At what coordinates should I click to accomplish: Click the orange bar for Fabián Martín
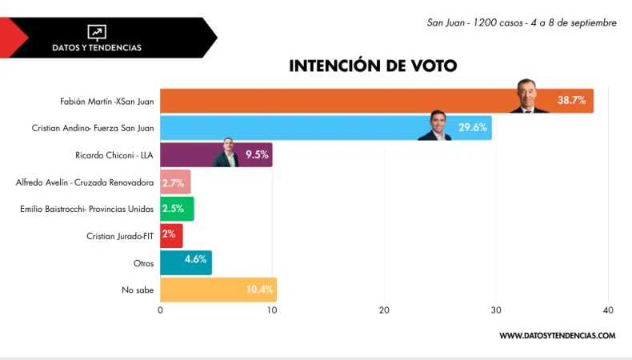point(336,101)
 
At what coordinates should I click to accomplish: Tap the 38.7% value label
point(571,101)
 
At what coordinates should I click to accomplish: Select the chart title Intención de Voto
point(373,66)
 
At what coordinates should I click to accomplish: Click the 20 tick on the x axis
point(384,310)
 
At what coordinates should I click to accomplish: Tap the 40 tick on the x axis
point(608,310)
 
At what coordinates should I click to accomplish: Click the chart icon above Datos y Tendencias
point(97,32)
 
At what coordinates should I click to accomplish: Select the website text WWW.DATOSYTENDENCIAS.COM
point(557,335)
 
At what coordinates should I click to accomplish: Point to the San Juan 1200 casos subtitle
point(522,22)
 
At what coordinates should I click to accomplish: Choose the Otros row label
point(142,262)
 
